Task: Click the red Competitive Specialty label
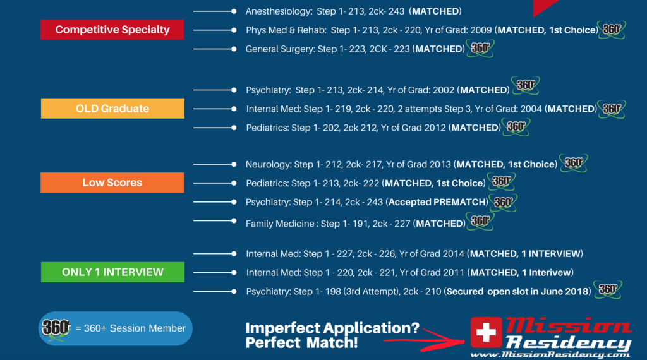point(112,30)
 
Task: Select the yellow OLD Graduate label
point(112,109)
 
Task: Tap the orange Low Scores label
point(112,183)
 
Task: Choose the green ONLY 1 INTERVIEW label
point(112,272)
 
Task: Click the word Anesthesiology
point(279,11)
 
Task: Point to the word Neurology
point(269,165)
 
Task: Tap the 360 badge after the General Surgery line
point(480,48)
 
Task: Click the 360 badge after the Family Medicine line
point(480,222)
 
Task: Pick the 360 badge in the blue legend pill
point(56,328)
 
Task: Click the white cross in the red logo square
point(486,332)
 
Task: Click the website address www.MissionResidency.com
point(550,355)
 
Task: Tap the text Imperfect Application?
point(332,328)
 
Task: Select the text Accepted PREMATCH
point(437,202)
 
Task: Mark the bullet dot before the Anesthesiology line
point(234,11)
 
